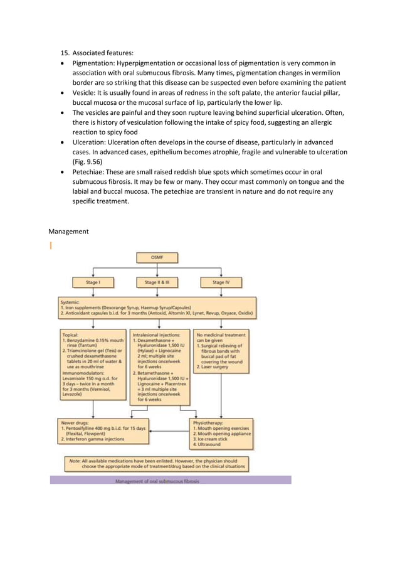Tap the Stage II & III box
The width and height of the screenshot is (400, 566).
click(156, 282)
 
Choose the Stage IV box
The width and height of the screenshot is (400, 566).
click(220, 282)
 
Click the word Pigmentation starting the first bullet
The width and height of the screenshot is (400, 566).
click(93, 63)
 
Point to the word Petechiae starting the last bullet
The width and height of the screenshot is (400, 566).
click(91, 171)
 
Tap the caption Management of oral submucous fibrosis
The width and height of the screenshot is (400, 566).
click(157, 481)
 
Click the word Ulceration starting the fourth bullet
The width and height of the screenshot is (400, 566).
click(91, 142)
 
